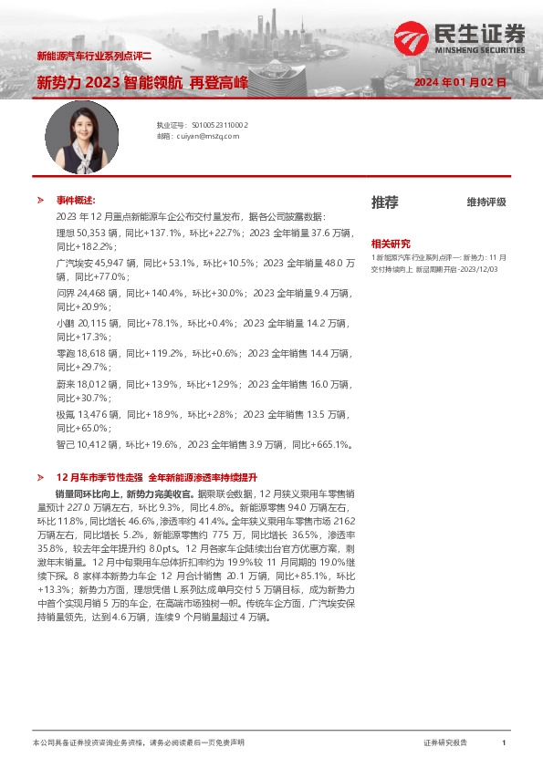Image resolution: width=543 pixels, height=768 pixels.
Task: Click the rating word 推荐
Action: click(x=384, y=202)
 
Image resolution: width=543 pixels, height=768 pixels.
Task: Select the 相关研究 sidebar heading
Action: click(x=390, y=244)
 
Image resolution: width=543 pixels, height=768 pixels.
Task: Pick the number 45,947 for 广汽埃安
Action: click(x=111, y=262)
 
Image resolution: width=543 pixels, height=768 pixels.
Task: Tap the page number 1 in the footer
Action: click(x=503, y=743)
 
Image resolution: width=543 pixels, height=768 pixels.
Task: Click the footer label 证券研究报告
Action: click(x=445, y=743)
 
